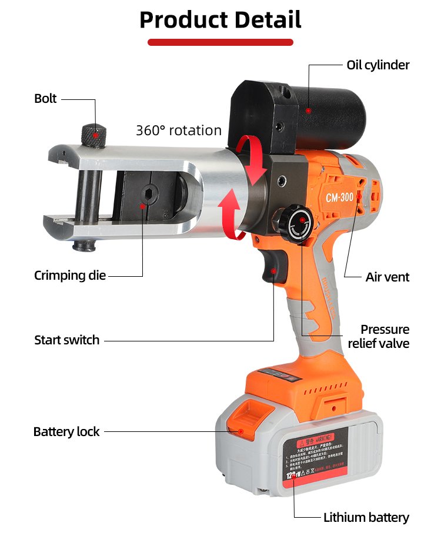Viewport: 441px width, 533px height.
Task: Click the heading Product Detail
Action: coord(220,19)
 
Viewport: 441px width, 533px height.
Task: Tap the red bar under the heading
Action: coord(220,42)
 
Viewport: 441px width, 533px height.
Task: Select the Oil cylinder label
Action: coord(377,65)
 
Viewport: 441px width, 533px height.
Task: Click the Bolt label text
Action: coord(45,98)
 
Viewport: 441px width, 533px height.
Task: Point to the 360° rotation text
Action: coord(179,130)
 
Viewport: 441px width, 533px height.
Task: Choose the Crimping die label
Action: coord(70,275)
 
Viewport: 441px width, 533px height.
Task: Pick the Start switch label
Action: coord(66,340)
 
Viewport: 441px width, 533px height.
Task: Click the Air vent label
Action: coord(387,277)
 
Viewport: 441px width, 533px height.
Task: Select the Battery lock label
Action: coord(66,432)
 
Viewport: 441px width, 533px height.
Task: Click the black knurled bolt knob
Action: coord(93,135)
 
